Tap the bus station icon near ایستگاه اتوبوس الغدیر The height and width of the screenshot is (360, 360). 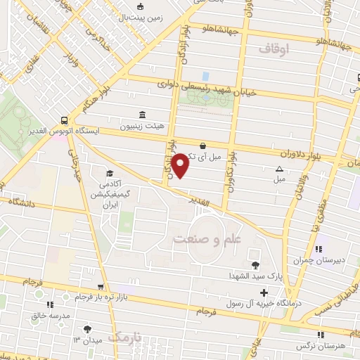[x=65, y=120]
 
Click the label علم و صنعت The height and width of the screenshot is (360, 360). [x=205, y=240]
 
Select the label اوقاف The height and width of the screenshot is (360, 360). [x=274, y=49]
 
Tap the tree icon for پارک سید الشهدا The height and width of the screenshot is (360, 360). [x=255, y=265]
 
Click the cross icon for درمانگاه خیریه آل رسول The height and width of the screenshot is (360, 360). [x=264, y=292]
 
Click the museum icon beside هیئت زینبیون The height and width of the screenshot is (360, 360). [x=143, y=115]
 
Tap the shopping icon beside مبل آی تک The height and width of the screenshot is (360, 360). [x=202, y=146]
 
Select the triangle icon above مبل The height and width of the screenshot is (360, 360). [x=279, y=169]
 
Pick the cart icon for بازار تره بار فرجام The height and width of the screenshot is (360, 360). [x=101, y=286]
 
